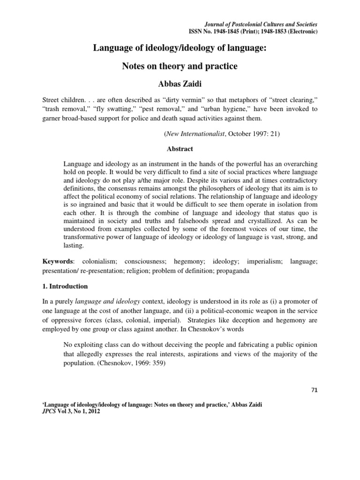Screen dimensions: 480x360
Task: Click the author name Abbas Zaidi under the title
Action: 180,85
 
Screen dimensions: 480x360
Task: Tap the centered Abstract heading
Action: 180,150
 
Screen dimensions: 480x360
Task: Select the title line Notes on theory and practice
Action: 180,66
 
